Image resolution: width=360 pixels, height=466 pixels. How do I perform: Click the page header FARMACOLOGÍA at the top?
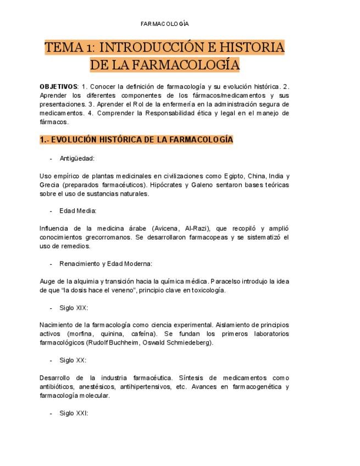click(165, 24)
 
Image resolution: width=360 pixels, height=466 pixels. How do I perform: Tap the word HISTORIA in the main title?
click(254, 48)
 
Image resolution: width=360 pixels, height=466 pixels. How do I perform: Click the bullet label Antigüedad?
click(77, 158)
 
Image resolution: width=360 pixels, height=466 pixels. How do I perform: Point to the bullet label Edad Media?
click(77, 210)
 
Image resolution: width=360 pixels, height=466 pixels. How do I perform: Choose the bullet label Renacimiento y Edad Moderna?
click(106, 263)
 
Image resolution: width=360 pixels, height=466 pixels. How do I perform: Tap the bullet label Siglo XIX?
click(74, 308)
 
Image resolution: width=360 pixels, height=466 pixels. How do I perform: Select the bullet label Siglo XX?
click(73, 360)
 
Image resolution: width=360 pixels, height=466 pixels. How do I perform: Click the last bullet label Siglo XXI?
click(74, 413)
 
